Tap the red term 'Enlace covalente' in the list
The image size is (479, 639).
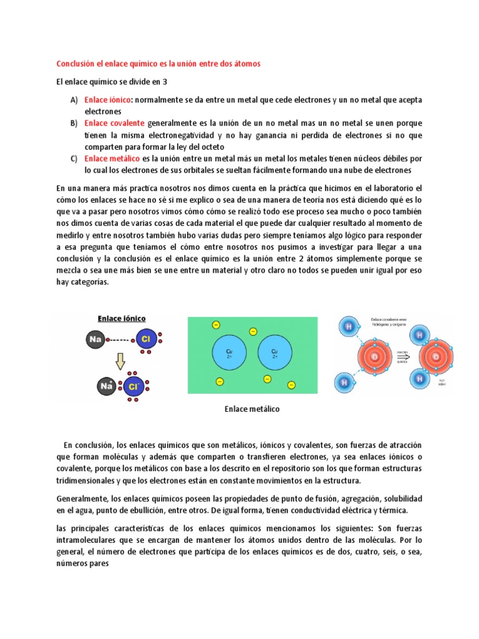pyautogui.click(x=114, y=124)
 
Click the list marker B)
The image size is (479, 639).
pyautogui.click(x=74, y=124)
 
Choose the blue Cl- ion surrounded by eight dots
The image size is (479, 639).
pyautogui.click(x=133, y=387)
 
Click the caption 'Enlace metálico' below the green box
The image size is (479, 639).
pyautogui.click(x=252, y=409)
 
